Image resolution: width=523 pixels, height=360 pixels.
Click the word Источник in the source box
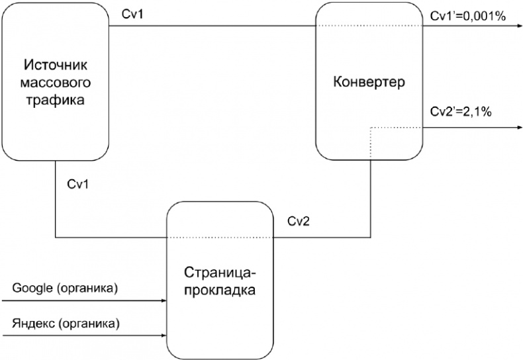coord(56,66)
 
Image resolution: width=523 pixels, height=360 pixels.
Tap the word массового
coord(56,83)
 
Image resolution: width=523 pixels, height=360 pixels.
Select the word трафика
coord(56,101)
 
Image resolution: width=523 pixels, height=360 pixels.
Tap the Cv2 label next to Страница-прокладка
coord(299,222)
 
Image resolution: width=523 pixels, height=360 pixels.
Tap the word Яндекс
coord(30,324)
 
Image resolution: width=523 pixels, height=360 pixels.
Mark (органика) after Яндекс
coord(89,324)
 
